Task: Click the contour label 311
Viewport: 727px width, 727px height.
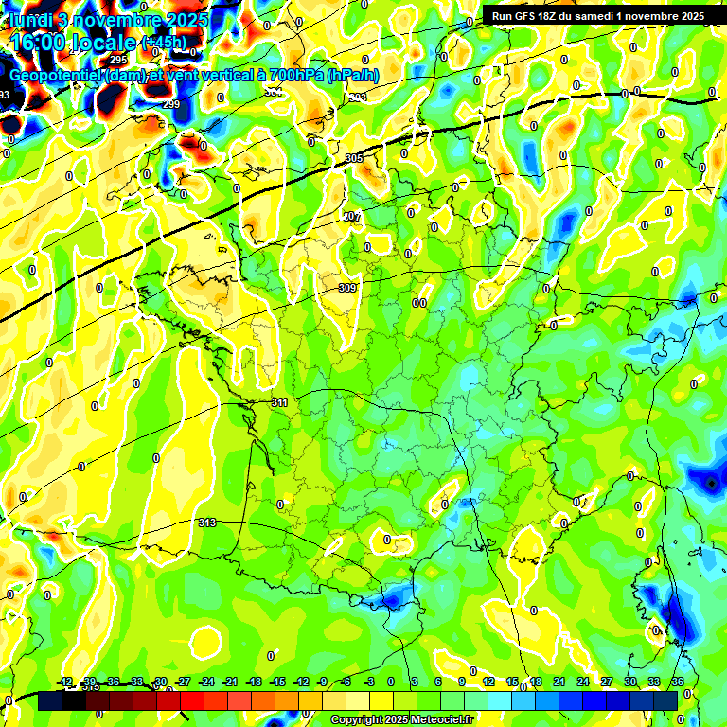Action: click(x=279, y=402)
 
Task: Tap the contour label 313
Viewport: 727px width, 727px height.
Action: click(x=207, y=523)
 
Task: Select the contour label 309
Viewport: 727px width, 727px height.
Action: click(x=346, y=288)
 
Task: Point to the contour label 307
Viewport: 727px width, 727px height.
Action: click(x=352, y=217)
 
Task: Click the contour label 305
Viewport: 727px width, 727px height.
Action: click(x=354, y=158)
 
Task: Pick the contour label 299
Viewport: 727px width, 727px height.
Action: click(x=171, y=104)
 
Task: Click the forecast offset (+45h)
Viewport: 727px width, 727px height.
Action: click(x=164, y=42)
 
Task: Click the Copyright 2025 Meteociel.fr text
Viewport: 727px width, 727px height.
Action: click(x=401, y=720)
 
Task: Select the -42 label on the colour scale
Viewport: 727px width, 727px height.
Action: click(x=65, y=682)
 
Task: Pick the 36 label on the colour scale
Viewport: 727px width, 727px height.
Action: click(x=677, y=682)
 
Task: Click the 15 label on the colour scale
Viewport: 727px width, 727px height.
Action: click(x=512, y=682)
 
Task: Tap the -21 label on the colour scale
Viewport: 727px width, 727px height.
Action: click(x=230, y=682)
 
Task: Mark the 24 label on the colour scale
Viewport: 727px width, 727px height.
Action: click(x=582, y=682)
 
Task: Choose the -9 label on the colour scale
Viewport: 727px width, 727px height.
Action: click(x=323, y=682)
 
